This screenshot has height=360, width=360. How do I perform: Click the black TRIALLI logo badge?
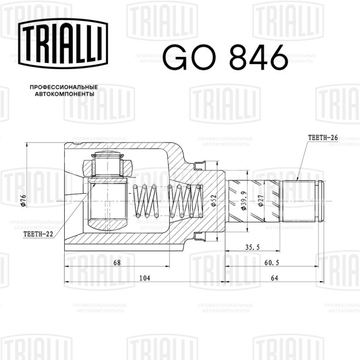[63, 43]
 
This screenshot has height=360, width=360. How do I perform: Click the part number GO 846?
[226, 57]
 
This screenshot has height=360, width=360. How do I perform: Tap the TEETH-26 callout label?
[323, 138]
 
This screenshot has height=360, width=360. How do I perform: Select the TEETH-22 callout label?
[38, 234]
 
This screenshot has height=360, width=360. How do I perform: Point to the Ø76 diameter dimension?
[23, 200]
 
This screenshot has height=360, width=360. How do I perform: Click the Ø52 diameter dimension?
[214, 200]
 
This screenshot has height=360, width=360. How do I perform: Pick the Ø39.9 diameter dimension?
[244, 200]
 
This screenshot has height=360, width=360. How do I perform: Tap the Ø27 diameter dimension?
[260, 200]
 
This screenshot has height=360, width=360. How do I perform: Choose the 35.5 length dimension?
[252, 248]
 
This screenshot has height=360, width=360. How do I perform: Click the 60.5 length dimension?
[271, 262]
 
